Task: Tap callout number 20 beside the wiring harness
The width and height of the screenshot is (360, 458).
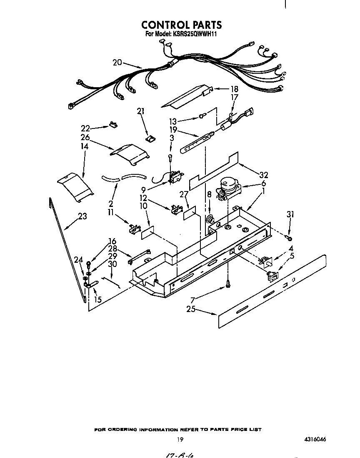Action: (x=117, y=63)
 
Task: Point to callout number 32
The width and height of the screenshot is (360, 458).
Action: (x=263, y=175)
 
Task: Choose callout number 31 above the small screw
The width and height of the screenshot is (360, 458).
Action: (x=290, y=214)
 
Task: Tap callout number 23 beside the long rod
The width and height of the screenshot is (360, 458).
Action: (x=82, y=216)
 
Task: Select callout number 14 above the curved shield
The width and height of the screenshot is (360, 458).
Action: (x=84, y=147)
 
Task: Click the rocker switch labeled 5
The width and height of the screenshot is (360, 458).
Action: (x=272, y=275)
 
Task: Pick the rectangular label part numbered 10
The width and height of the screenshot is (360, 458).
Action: (x=147, y=232)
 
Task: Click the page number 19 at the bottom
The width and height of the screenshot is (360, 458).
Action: (x=180, y=439)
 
